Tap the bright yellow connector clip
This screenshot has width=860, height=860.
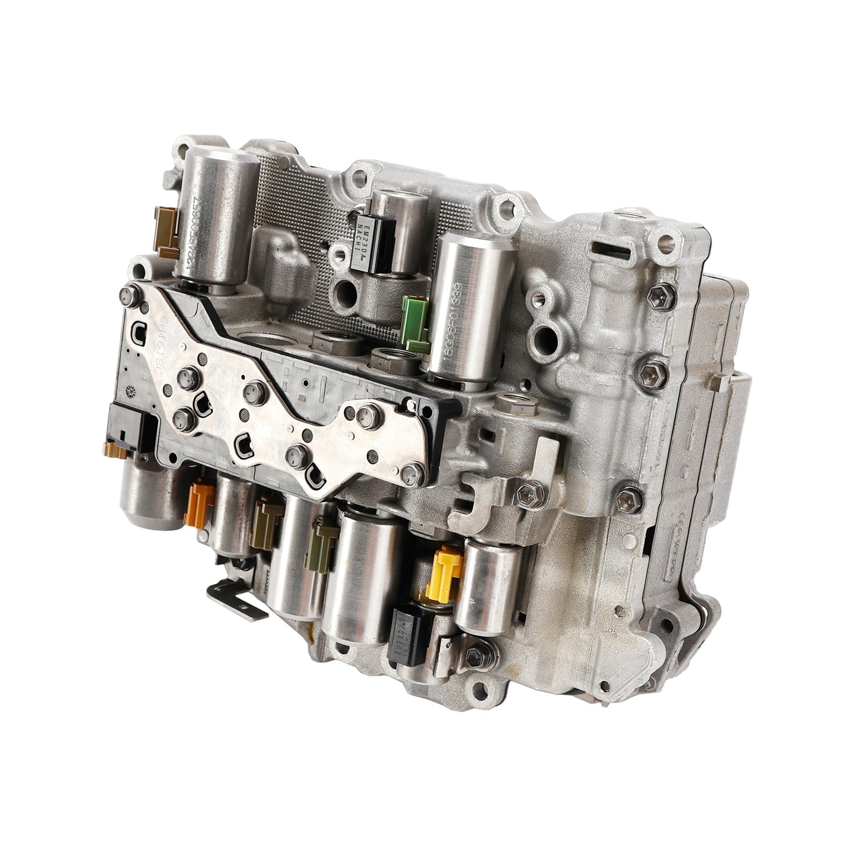pos(444,573)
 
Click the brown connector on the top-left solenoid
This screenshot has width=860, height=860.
pos(166,232)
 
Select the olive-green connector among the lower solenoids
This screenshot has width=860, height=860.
pos(321,544)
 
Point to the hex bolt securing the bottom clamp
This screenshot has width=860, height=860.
pos(474,655)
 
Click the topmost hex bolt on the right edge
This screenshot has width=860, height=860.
pos(661,295)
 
